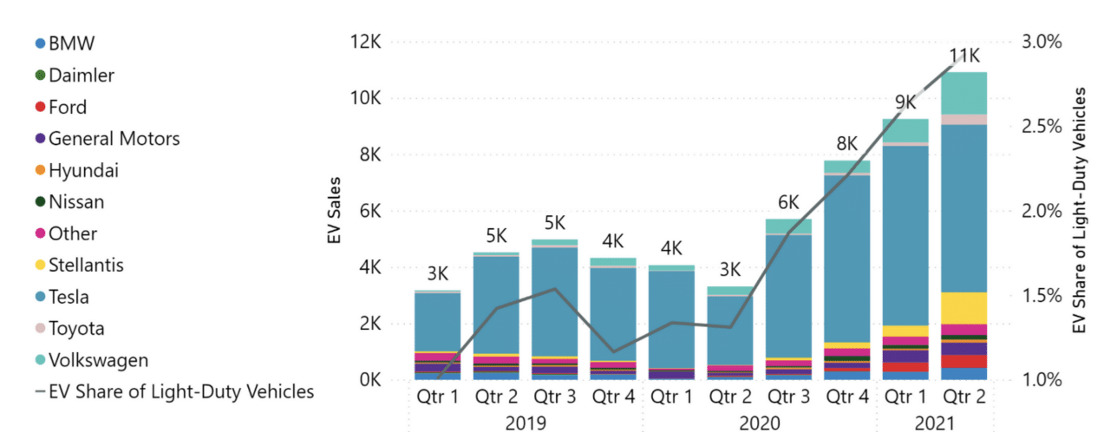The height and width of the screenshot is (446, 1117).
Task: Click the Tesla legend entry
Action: [69, 297]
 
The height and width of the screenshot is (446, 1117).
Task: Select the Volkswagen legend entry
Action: [98, 360]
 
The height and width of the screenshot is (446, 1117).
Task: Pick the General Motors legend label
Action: [114, 139]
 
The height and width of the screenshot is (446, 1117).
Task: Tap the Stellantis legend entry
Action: [84, 266]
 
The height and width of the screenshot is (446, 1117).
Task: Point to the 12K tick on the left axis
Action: [363, 42]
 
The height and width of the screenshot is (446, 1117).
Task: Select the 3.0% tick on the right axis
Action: [1041, 42]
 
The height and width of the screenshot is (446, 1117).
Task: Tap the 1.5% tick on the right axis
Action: [1041, 295]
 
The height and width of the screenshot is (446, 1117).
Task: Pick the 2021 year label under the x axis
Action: [935, 424]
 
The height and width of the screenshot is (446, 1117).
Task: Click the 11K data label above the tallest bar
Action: [964, 57]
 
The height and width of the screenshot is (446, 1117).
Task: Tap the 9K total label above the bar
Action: [905, 103]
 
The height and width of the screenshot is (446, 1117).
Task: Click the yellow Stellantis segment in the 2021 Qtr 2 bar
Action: [964, 307]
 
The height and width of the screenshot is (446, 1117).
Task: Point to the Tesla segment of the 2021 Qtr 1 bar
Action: [905, 234]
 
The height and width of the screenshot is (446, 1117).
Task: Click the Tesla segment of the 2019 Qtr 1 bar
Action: [437, 321]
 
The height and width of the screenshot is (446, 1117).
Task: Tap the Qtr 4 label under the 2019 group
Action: [613, 399]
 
